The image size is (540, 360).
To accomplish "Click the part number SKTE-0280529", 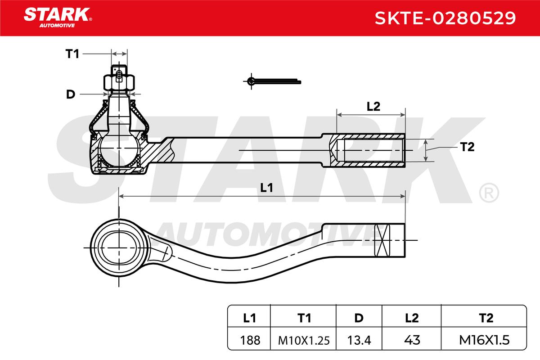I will [445, 18].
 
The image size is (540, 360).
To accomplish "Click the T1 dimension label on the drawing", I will [72, 54].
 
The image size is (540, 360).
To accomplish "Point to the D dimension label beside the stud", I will [70, 94].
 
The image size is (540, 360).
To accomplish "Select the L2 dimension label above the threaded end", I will [373, 107].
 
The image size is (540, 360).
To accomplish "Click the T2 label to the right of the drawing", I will [468, 147].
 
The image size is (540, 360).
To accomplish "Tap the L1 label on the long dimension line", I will [267, 189].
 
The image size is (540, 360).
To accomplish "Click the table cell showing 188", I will [250, 340].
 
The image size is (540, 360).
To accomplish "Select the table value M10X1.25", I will [304, 340].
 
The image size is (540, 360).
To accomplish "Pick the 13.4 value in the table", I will [358, 340].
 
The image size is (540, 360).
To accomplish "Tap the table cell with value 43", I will [411, 340].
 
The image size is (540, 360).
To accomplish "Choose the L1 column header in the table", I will [250, 318].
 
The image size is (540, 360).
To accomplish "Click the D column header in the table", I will [358, 318].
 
